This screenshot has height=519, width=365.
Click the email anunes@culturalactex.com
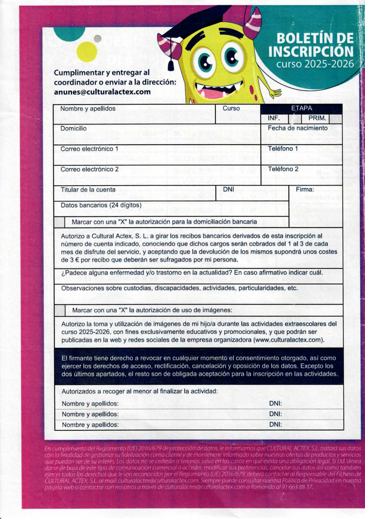coord(102,92)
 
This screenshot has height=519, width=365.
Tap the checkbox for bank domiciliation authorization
coord(59,222)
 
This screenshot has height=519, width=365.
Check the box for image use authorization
coord(60,310)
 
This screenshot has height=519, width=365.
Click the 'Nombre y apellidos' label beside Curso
coord(88,109)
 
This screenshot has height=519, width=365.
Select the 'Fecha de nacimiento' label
coord(298,128)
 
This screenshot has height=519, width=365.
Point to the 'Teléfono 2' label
coord(283,169)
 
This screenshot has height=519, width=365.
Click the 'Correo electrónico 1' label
coord(89,149)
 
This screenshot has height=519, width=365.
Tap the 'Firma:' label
coord(305,190)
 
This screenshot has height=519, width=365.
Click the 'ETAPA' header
coord(301,108)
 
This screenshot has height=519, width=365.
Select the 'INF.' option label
coord(273,118)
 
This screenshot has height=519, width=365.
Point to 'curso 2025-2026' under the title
coord(315,64)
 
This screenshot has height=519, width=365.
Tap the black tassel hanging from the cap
coord(171,65)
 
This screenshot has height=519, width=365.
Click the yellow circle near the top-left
coord(87,52)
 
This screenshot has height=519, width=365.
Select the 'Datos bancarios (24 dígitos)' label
coord(101,205)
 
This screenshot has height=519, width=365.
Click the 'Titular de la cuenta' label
coord(88,190)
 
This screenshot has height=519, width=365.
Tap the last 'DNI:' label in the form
coord(275,425)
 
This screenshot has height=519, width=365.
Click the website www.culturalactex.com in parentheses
coord(288,340)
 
